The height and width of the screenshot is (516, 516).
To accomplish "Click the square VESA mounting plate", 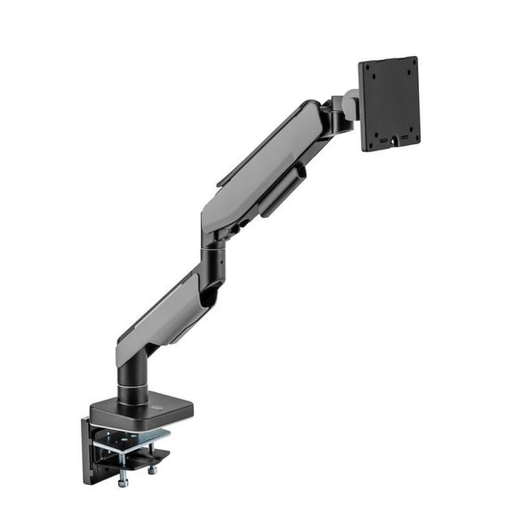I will (x=390, y=103).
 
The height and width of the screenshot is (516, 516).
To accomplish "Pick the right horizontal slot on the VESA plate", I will (x=404, y=137).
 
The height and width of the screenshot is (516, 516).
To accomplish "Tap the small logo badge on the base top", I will (x=160, y=406).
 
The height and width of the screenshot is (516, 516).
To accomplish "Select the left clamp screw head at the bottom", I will (x=123, y=481).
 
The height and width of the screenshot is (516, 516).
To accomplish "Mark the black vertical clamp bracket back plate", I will (x=89, y=451).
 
